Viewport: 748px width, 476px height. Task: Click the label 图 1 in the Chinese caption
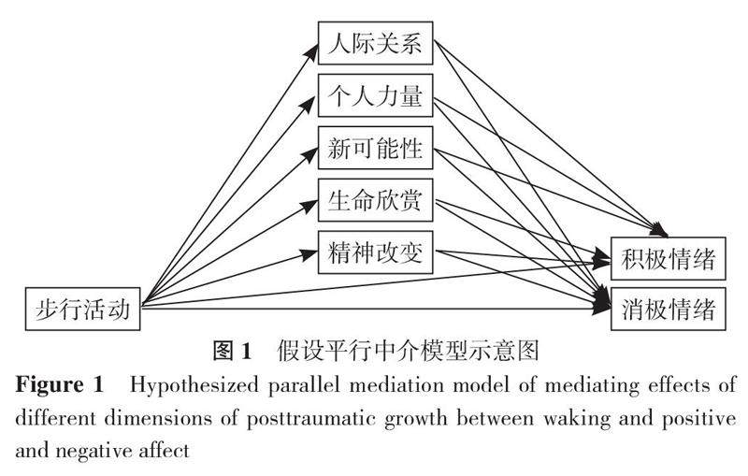233,352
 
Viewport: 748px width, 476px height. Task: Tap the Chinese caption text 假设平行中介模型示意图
409,352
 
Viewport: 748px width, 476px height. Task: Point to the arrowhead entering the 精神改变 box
314,252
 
